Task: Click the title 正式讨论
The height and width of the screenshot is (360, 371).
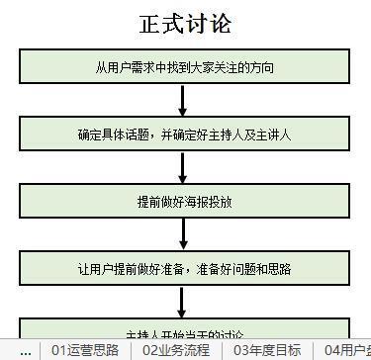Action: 185,22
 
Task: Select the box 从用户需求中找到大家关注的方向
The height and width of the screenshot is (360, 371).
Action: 185,67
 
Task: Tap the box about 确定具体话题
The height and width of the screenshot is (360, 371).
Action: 185,134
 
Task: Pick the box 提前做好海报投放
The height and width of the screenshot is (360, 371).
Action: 185,201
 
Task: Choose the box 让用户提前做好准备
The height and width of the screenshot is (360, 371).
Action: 185,267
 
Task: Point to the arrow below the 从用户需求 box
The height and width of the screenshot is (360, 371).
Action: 184,100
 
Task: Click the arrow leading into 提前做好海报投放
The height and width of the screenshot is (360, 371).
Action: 184,167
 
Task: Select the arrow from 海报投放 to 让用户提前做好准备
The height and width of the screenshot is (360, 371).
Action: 184,233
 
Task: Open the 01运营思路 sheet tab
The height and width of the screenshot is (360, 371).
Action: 85,350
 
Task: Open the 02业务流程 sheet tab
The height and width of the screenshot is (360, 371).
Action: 176,350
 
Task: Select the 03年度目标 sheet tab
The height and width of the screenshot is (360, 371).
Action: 267,350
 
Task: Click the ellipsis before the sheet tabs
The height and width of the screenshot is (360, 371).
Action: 25,350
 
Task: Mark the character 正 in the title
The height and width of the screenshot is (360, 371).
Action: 151,22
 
